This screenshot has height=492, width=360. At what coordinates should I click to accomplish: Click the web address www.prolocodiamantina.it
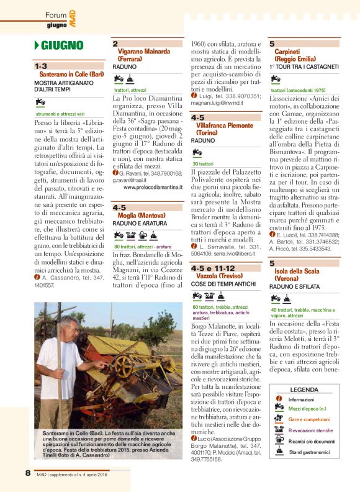(148, 186)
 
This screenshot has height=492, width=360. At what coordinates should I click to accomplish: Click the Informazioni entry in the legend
(302, 399)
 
